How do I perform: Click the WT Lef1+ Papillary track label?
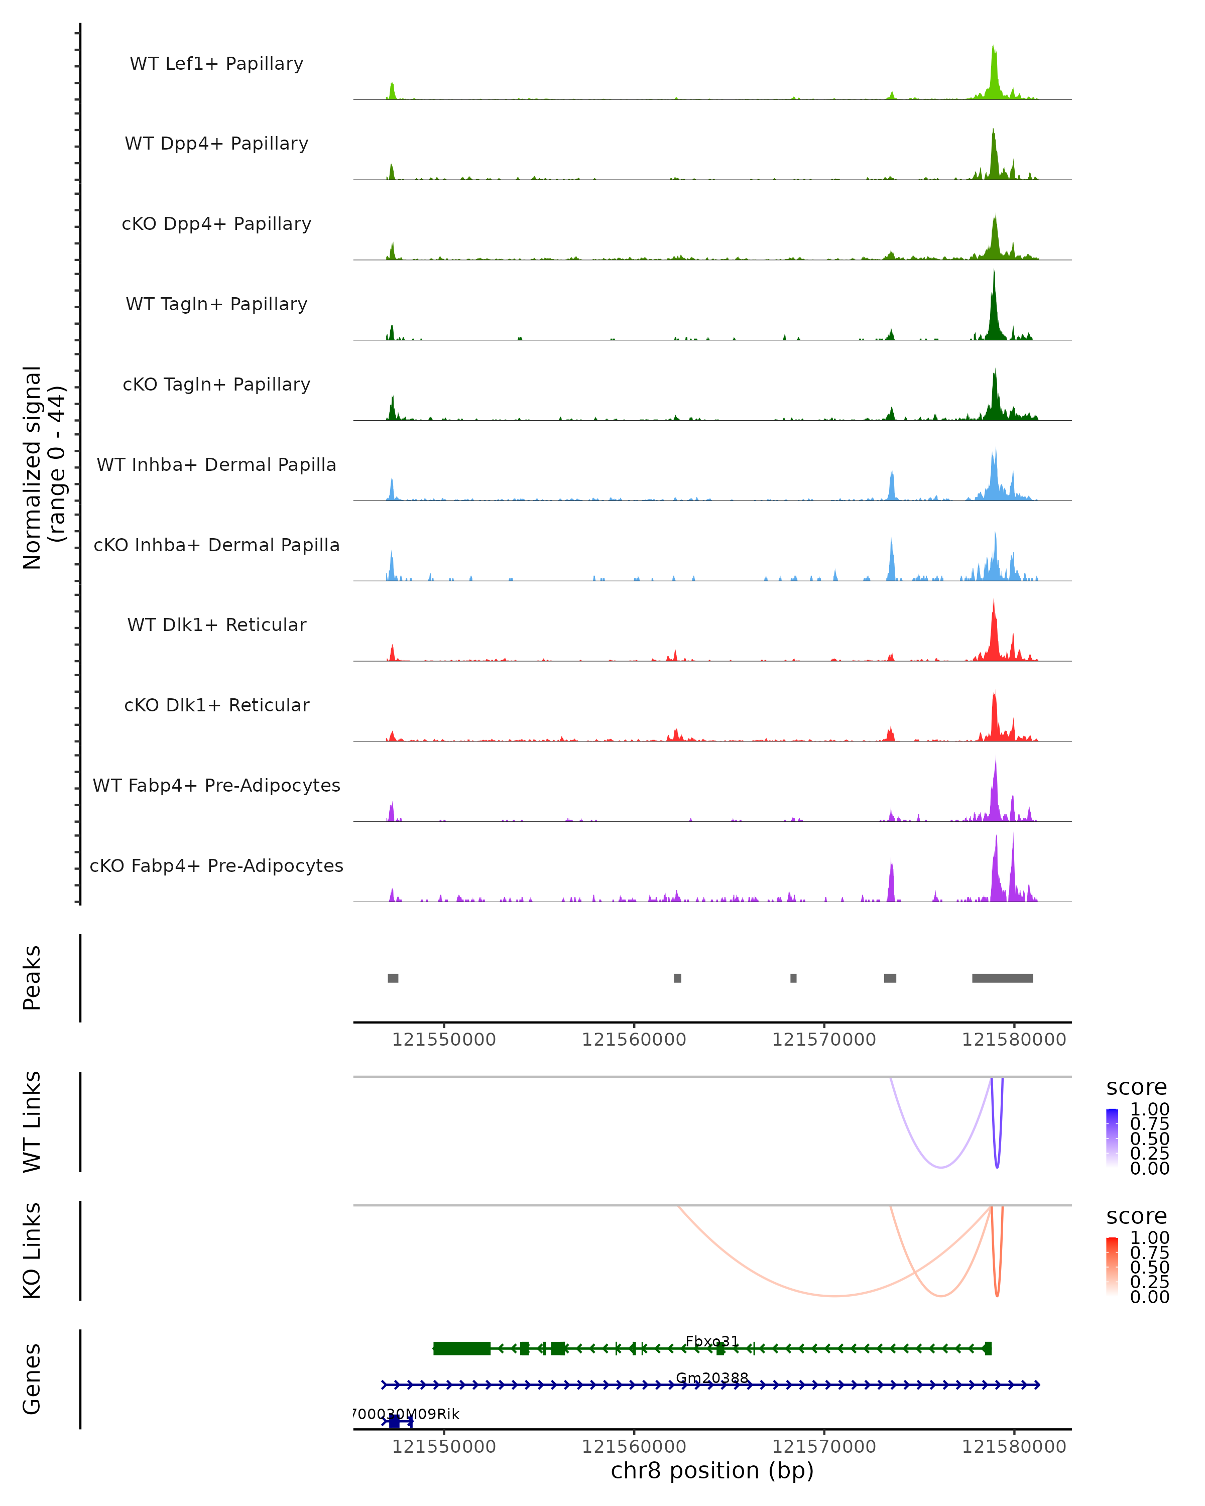pos(216,64)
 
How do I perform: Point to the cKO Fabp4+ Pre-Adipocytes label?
pos(216,865)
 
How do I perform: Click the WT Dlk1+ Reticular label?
pos(216,625)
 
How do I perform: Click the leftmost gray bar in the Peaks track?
pos(393,978)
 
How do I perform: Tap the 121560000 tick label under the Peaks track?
pos(634,1040)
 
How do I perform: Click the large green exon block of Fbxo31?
pos(462,1348)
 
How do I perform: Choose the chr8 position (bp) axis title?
pos(712,1470)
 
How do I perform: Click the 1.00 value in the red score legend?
pos(1149,1238)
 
